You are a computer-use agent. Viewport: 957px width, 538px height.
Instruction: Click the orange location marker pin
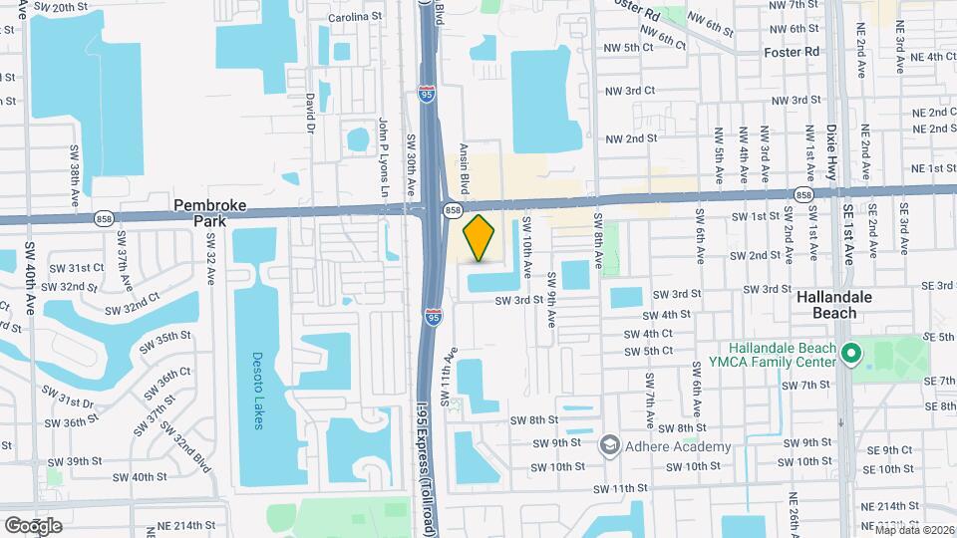(x=479, y=238)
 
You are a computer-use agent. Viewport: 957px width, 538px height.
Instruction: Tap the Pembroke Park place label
(x=215, y=212)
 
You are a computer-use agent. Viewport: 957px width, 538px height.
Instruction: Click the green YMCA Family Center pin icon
(x=850, y=354)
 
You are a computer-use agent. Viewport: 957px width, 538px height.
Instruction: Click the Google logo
(x=33, y=525)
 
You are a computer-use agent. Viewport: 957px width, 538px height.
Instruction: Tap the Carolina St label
(x=355, y=17)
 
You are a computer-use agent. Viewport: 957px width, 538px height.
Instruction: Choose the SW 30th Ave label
(x=410, y=167)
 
